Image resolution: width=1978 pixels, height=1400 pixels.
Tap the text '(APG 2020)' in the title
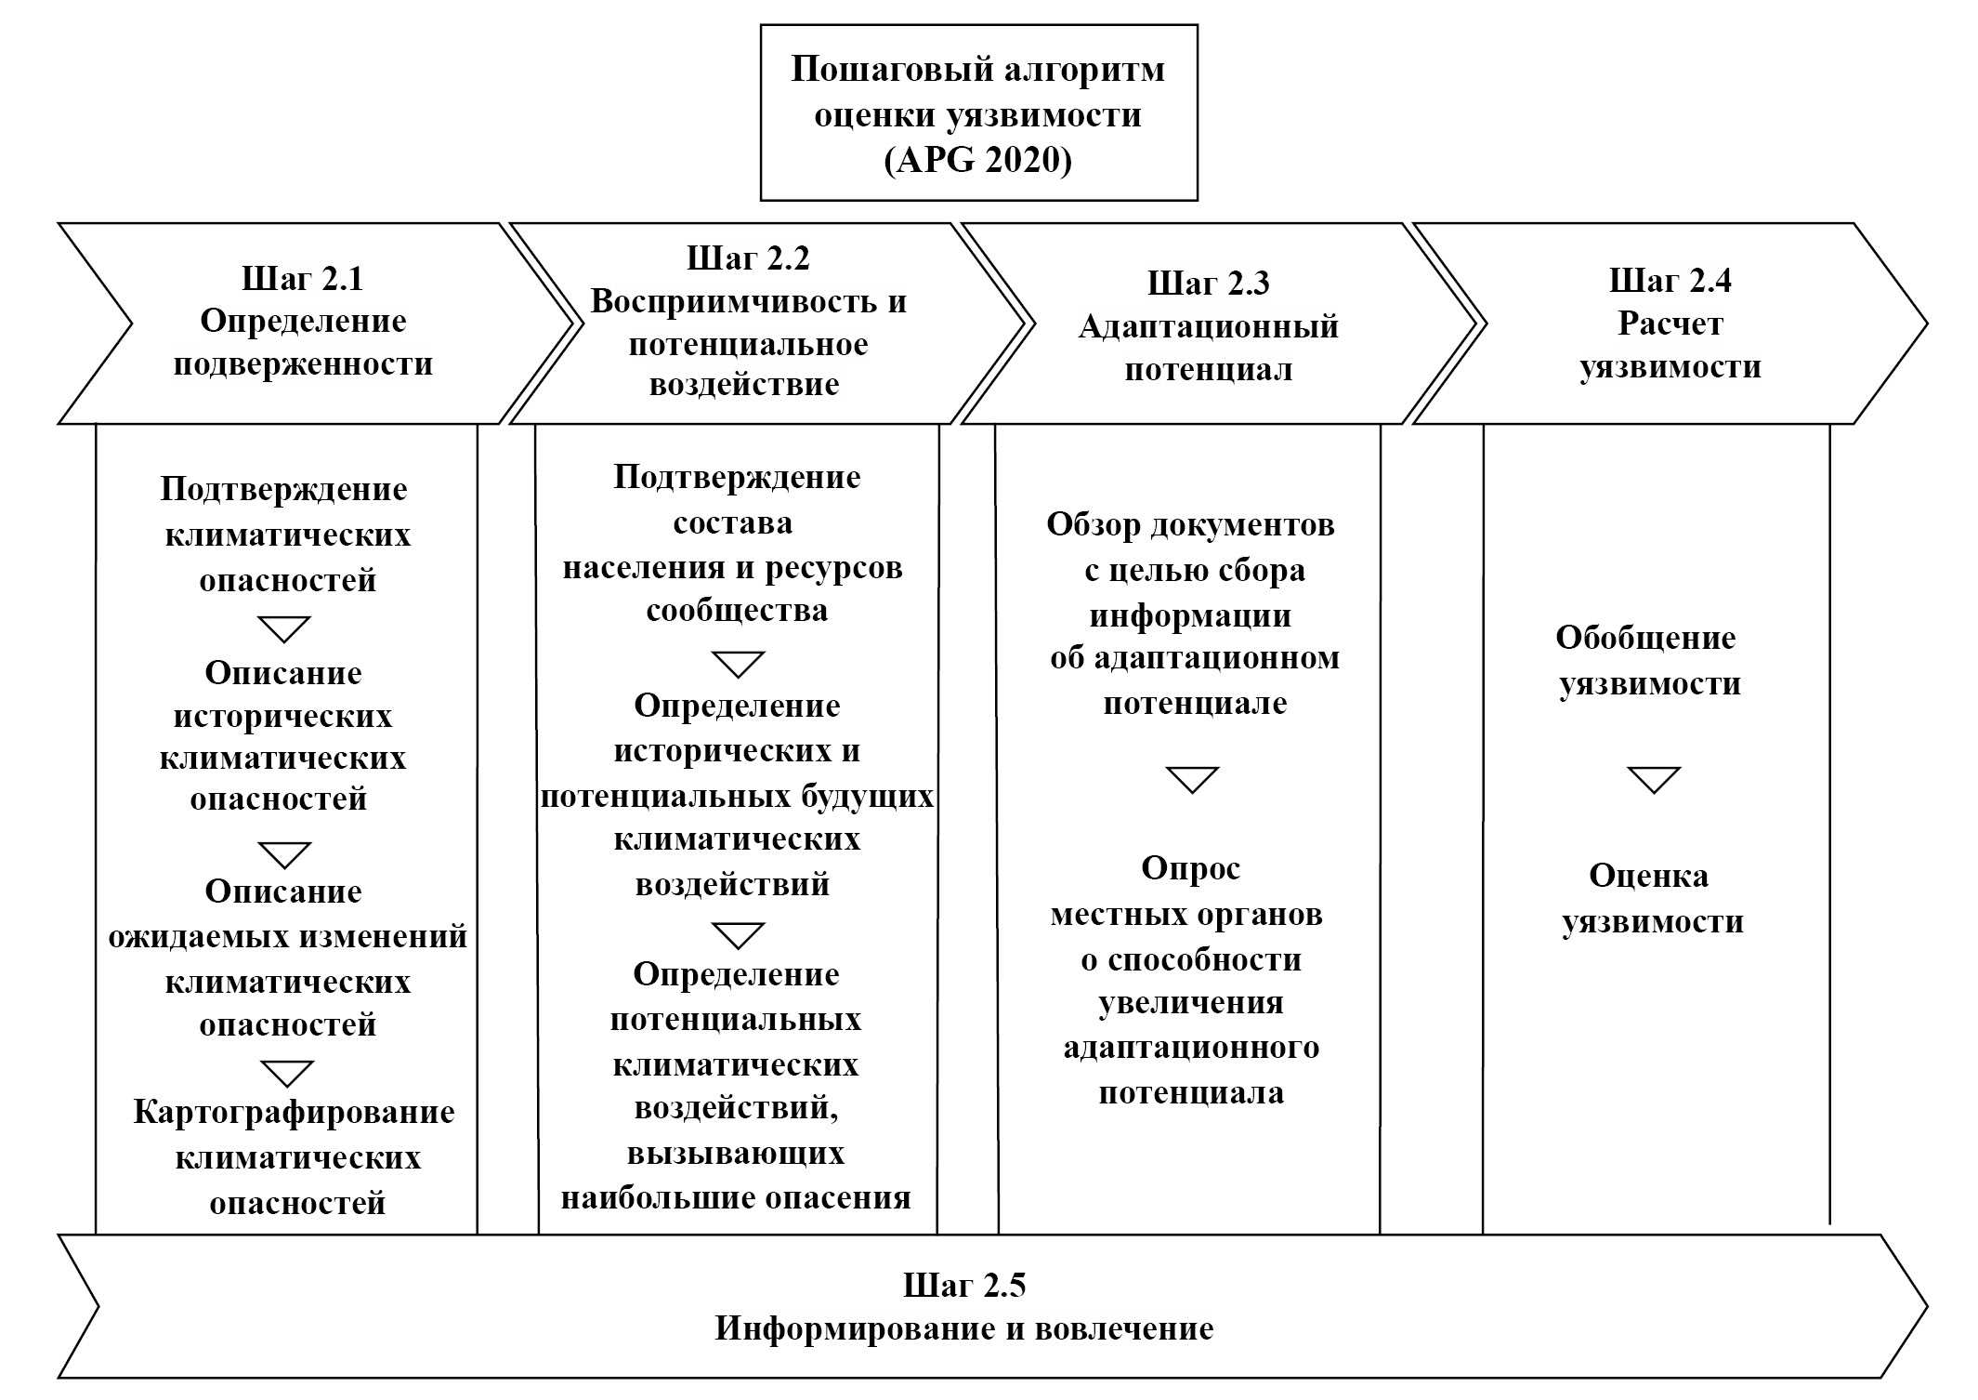tap(977, 161)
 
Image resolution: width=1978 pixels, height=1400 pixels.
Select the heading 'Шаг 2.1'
tap(302, 279)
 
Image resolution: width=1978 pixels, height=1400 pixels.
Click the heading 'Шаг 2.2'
tap(748, 258)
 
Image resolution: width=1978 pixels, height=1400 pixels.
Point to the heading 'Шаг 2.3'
tap(1208, 283)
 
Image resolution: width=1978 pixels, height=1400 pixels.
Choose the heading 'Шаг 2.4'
tap(1670, 280)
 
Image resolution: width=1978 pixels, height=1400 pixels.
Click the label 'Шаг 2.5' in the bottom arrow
tap(964, 1286)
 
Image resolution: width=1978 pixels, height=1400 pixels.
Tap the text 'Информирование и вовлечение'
tap(964, 1328)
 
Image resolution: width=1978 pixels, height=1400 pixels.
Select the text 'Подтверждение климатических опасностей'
tap(285, 535)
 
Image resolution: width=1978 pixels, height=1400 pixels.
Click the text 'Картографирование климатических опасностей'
tap(295, 1157)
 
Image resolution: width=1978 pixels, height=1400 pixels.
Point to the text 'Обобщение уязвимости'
tap(1646, 661)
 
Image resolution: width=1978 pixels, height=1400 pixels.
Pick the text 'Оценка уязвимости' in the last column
tap(1650, 899)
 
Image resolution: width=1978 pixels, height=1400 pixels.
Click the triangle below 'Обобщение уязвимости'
tap(1654, 779)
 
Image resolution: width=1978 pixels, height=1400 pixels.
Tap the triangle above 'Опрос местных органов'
tap(1192, 779)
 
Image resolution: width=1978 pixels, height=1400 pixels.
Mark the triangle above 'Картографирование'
tap(286, 1073)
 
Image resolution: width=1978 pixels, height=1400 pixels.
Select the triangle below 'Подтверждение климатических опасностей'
tap(284, 628)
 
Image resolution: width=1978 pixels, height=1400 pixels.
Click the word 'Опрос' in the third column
tap(1190, 868)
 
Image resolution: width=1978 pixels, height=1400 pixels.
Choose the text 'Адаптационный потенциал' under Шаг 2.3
tap(1208, 348)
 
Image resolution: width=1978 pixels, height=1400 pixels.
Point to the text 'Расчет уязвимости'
tap(1670, 345)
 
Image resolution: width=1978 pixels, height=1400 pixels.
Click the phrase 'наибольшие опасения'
tap(736, 1197)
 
